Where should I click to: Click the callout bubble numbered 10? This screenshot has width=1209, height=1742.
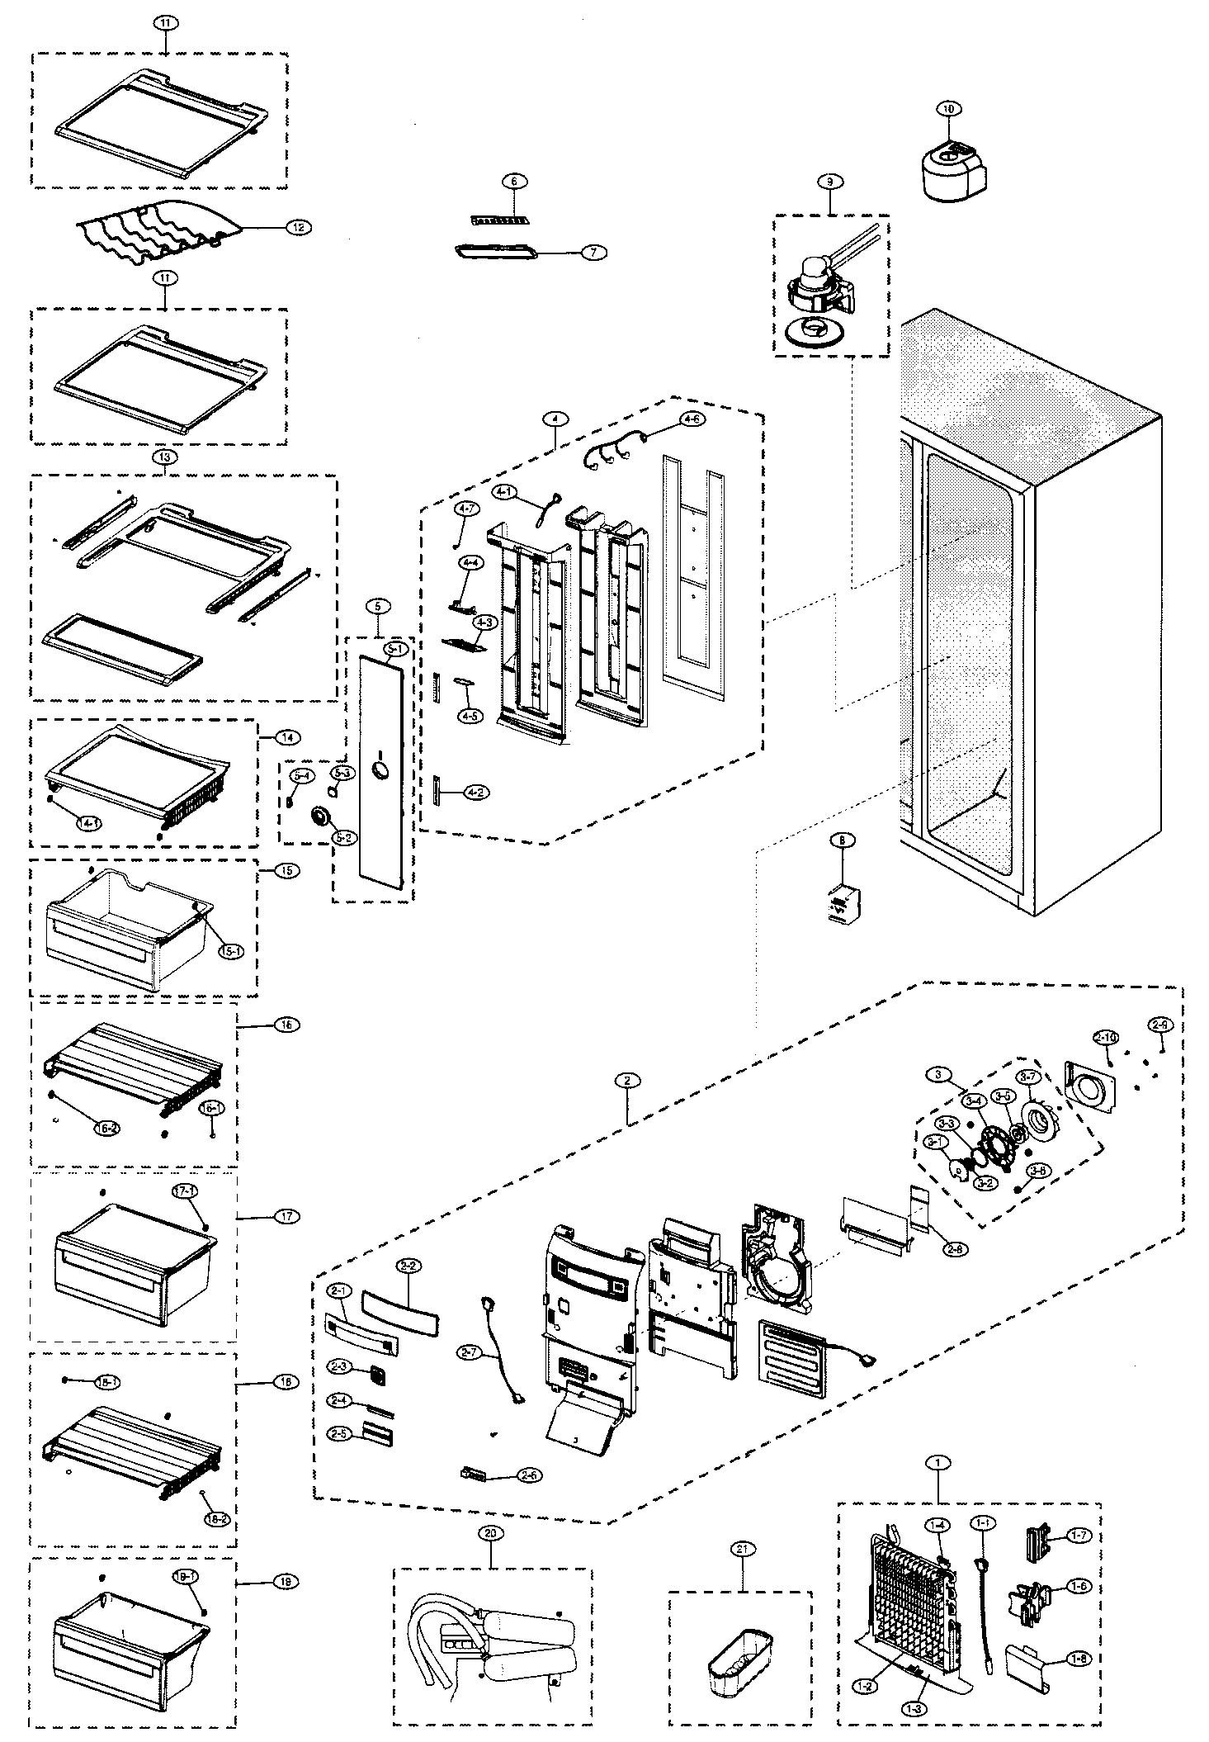click(x=947, y=108)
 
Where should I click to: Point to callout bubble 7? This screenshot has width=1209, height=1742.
click(x=592, y=253)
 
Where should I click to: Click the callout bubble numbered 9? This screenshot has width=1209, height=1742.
click(x=829, y=181)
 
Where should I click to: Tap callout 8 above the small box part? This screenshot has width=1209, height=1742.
click(x=842, y=840)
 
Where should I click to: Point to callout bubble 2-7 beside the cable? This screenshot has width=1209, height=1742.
click(x=468, y=1352)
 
